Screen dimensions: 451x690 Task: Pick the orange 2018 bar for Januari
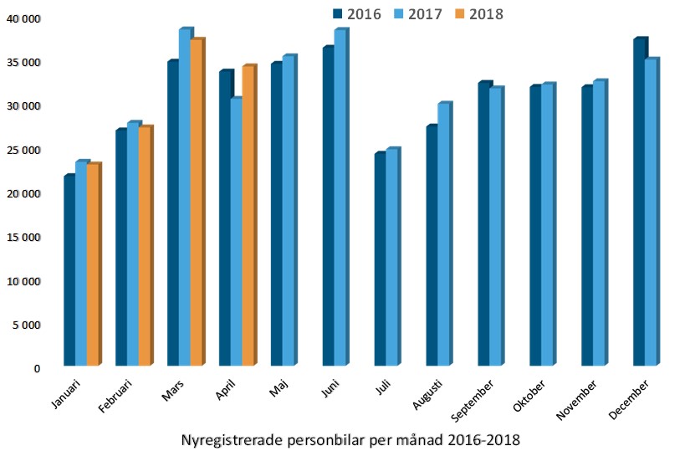click(x=93, y=264)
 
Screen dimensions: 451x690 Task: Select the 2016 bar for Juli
click(x=381, y=259)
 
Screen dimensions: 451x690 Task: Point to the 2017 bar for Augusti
click(x=443, y=234)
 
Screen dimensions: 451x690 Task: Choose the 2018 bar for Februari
click(x=145, y=246)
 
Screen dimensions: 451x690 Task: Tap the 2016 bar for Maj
click(x=277, y=214)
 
